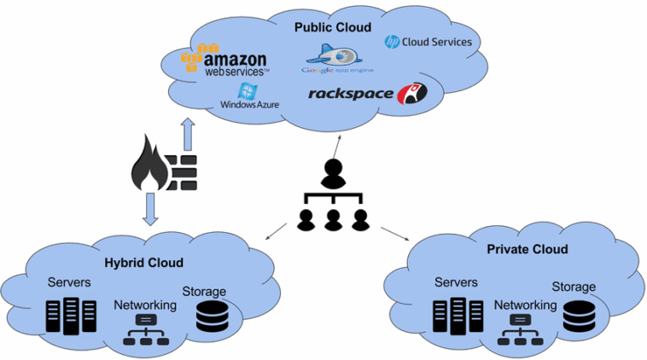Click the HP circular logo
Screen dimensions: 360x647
point(393,41)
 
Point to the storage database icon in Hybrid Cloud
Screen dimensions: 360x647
point(212,315)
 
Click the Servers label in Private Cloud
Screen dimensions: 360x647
point(456,282)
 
